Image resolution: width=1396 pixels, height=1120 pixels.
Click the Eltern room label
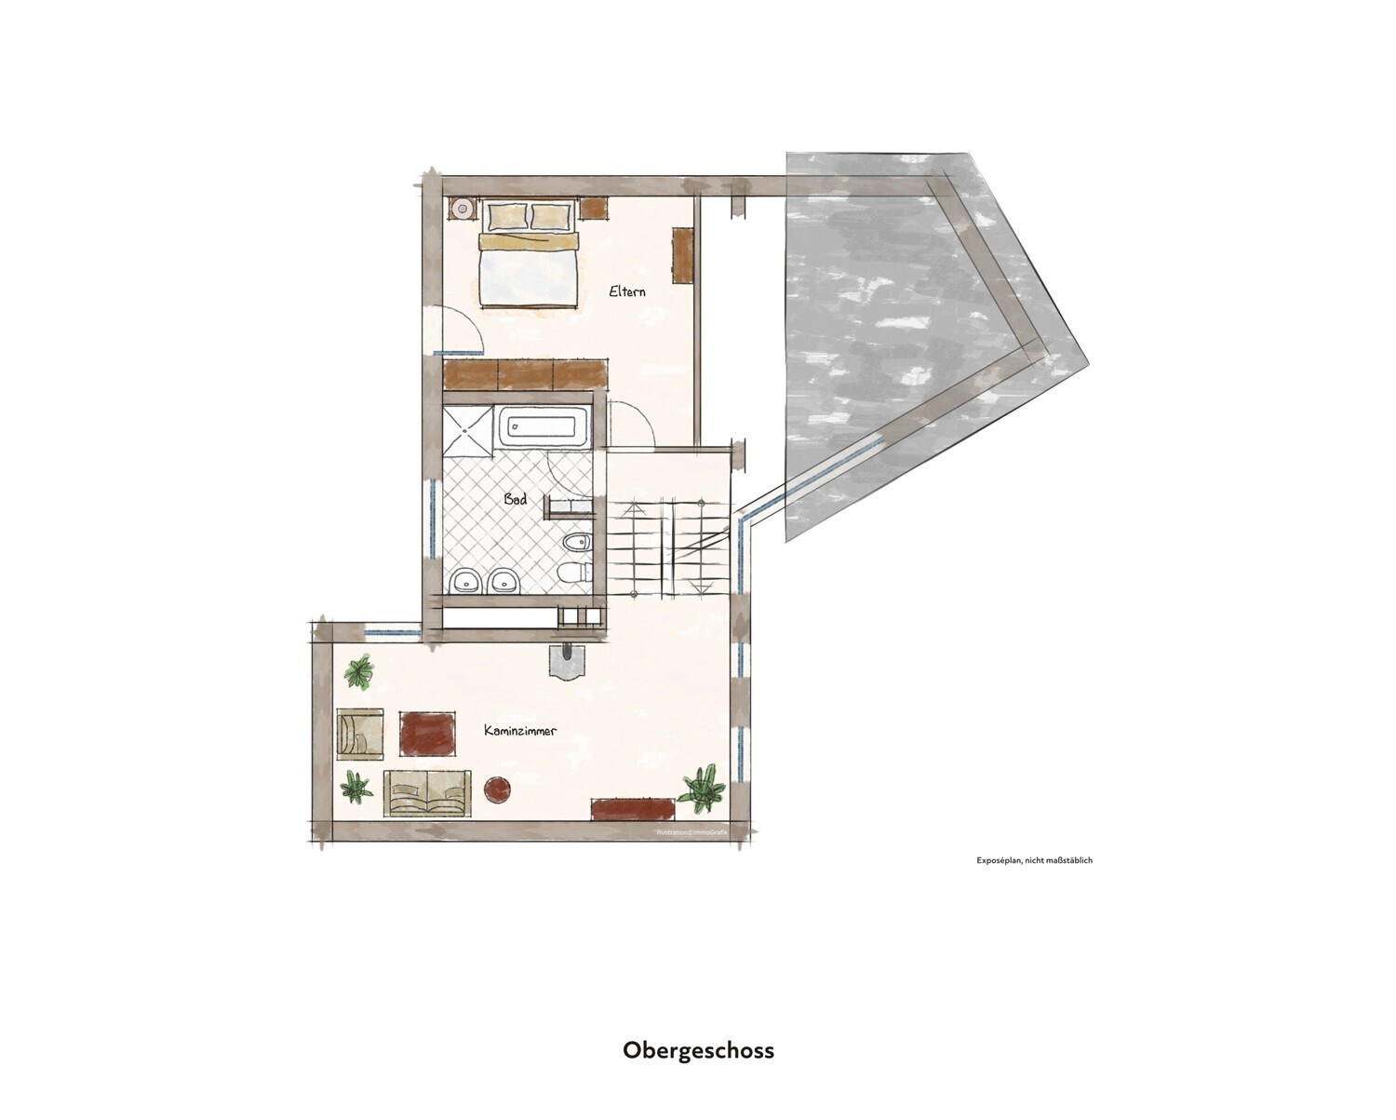tap(627, 291)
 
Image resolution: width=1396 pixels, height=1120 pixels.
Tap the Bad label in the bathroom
tap(516, 499)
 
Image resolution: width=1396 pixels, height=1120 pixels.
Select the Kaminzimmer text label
tap(520, 731)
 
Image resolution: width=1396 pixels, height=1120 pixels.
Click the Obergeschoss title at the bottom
tap(698, 1050)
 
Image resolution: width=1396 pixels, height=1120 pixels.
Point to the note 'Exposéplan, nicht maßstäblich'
tap(1034, 860)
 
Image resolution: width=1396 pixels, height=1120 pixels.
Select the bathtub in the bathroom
tap(544, 428)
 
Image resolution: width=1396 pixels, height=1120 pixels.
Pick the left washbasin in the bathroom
tap(463, 582)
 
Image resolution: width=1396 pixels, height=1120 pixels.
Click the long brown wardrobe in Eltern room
tap(526, 374)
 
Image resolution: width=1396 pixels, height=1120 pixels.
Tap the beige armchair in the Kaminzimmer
tap(360, 733)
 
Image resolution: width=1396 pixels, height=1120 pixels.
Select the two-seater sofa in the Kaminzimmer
tap(426, 793)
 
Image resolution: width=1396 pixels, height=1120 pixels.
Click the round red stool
tap(500, 790)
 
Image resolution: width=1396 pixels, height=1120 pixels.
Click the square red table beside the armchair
tap(428, 733)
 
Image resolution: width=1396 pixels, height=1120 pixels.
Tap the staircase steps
tap(666, 549)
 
